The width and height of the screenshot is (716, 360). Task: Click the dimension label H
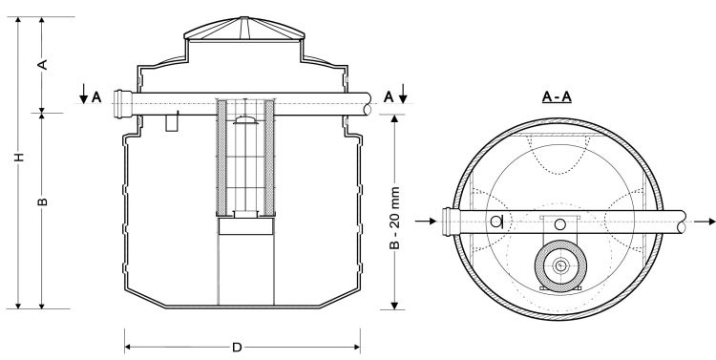(18, 157)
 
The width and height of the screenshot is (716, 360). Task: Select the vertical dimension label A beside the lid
(43, 64)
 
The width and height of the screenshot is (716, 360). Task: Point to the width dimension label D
(237, 348)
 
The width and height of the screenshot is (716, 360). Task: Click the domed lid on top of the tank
(243, 30)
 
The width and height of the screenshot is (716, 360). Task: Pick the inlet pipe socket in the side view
(120, 99)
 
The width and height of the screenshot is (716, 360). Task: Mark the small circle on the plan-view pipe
(496, 222)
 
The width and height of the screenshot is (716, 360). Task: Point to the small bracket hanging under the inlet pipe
(173, 122)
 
